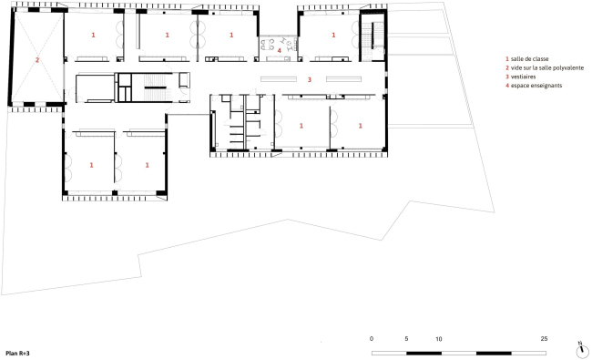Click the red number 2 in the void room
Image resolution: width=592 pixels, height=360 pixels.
pos(37,60)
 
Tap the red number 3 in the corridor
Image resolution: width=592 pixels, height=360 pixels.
pos(310,79)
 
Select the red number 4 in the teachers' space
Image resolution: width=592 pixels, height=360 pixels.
pos(280,50)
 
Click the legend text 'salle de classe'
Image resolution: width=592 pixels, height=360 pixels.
pos(529,59)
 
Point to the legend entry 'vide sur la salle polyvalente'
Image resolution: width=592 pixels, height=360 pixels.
pos(547,68)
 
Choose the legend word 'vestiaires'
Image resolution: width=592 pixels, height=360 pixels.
pos(524,77)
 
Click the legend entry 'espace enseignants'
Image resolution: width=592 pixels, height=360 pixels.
pos(536,86)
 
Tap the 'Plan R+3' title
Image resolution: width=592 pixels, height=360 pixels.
pos(17,354)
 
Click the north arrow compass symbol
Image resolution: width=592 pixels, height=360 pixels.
pos(583,351)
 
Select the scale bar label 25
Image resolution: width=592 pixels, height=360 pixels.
pos(544,339)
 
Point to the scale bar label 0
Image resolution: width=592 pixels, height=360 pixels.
pos(372,339)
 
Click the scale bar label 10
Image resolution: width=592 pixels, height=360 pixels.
pos(439,339)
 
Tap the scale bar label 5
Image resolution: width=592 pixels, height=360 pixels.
pos(406,339)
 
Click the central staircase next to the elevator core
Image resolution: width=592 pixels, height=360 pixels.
pos(155,87)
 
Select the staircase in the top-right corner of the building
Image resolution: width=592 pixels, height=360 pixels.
pos(373,36)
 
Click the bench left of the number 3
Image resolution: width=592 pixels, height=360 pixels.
pos(279,79)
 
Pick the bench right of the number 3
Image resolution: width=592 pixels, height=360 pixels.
pos(344,79)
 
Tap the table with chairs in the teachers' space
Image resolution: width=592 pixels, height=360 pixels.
pos(269,45)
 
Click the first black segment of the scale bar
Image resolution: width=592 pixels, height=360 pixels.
pos(424,354)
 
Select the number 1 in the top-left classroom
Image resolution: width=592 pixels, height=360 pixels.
pos(93,36)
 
